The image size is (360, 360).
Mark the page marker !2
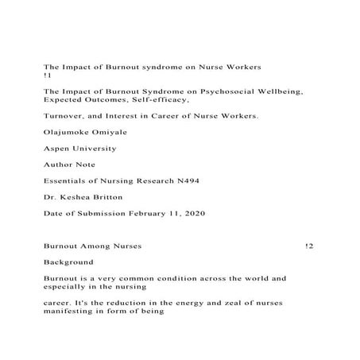309,246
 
